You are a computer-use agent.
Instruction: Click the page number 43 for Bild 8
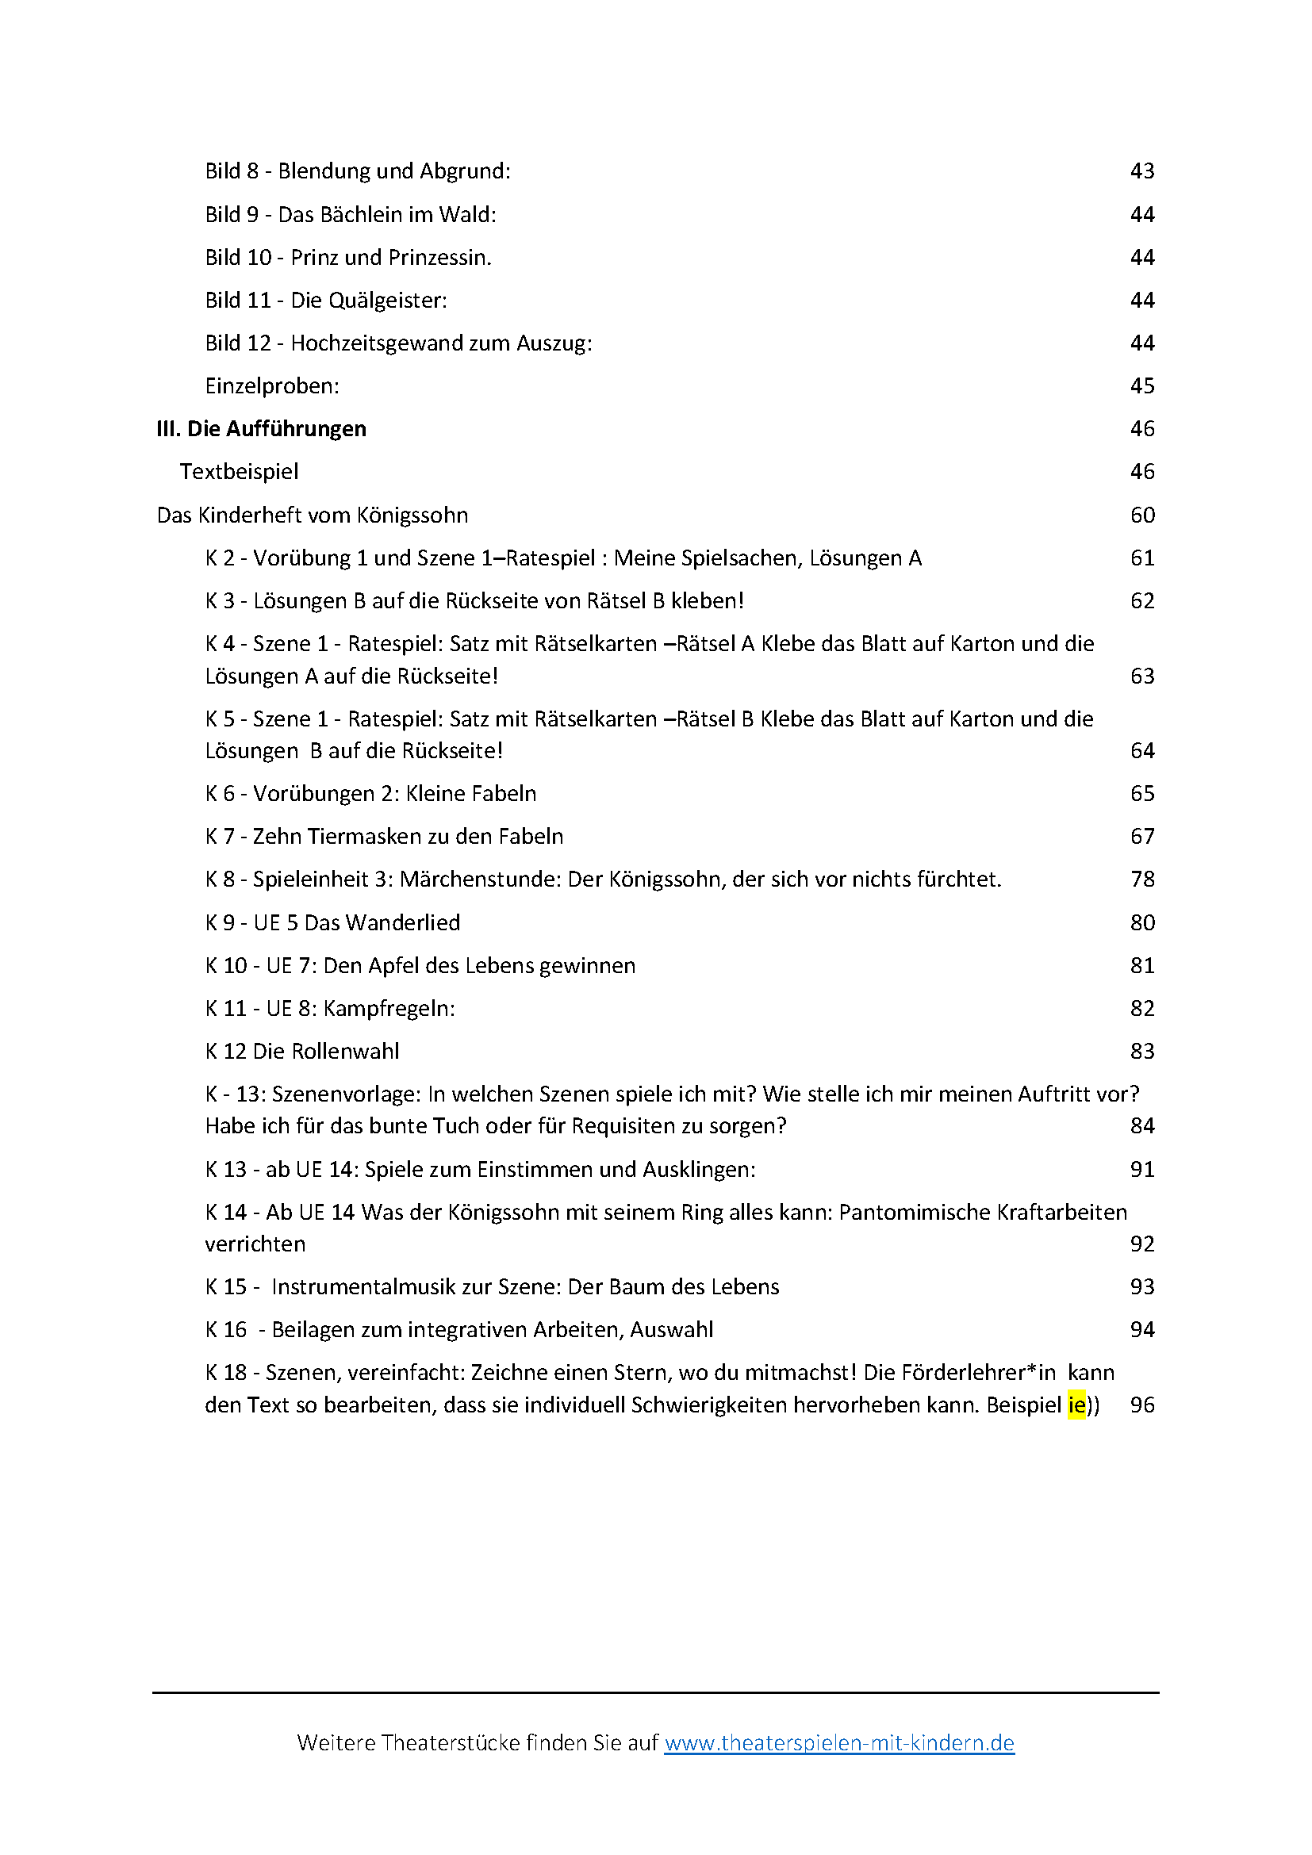pos(1141,171)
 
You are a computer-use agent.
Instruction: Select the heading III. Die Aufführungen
pos(261,429)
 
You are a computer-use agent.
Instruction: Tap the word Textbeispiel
pos(239,472)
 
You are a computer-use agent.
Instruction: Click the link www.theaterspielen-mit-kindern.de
pos(838,1742)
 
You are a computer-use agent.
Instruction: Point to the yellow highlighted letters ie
pos(1076,1405)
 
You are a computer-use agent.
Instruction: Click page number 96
pos(1141,1405)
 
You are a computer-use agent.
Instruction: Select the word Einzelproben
pos(270,386)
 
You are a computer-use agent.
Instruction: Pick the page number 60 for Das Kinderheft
pos(1141,515)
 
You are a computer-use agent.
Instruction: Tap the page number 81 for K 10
pos(1141,965)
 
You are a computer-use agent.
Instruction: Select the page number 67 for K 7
pos(1141,836)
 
